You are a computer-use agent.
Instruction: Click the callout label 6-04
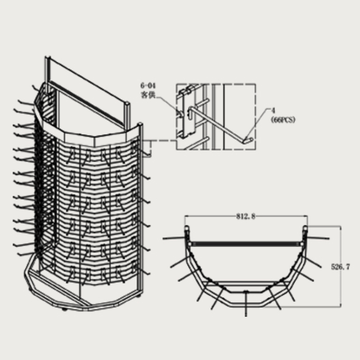click(148, 86)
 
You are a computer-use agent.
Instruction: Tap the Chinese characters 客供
click(148, 94)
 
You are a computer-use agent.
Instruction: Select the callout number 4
click(273, 111)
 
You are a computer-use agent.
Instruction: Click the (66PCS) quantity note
click(283, 120)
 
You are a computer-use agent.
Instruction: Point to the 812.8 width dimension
click(246, 216)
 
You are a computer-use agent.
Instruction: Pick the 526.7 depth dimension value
click(341, 267)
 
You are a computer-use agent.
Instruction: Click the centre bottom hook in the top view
click(246, 303)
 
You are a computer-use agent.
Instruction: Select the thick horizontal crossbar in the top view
click(246, 243)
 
